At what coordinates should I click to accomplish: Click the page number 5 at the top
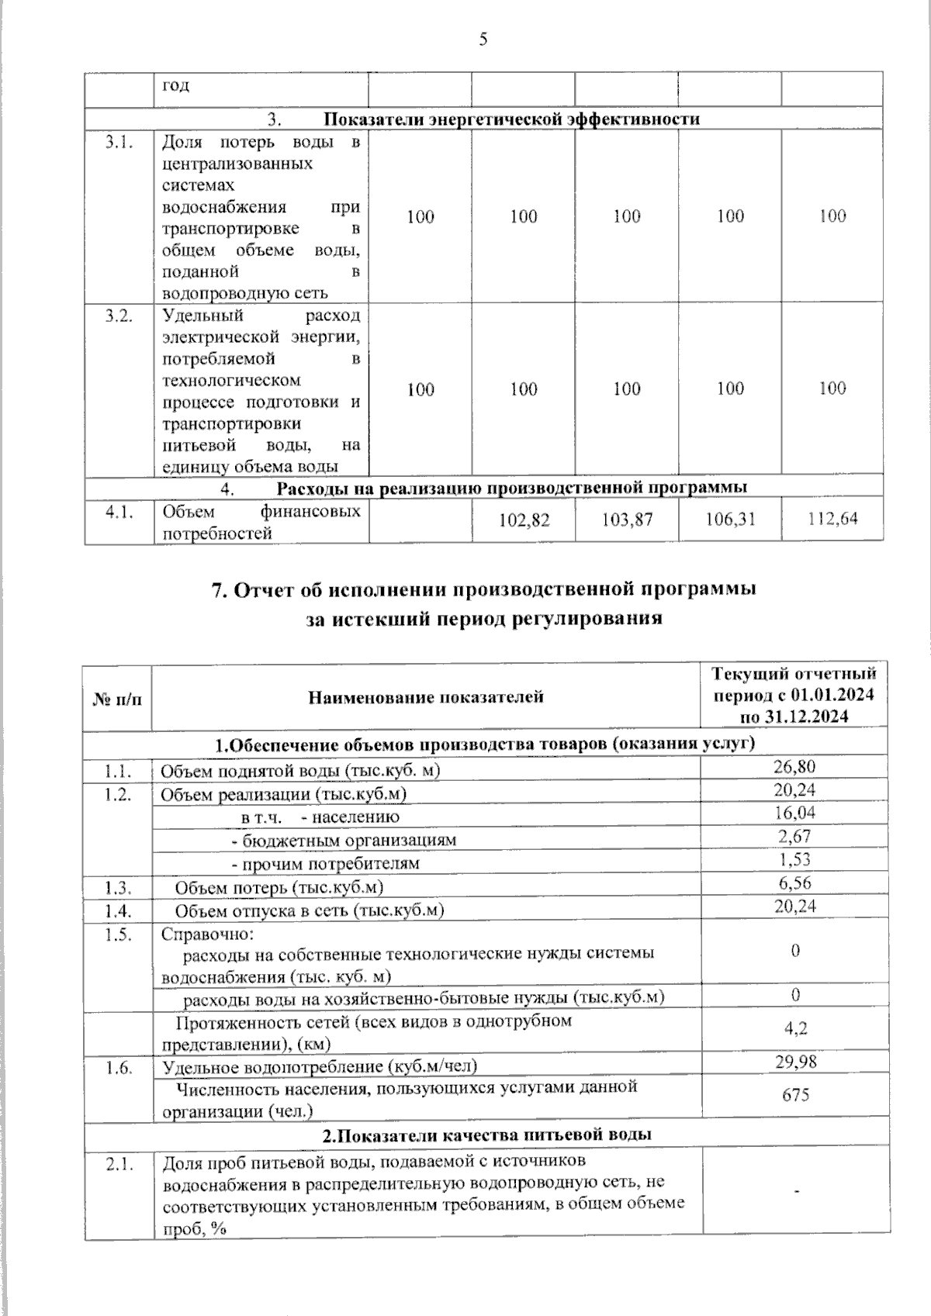coord(483,40)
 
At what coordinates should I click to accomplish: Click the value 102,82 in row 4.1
coord(524,520)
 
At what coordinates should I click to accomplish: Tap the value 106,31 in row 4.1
coord(730,519)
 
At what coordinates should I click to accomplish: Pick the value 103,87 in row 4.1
coord(627,520)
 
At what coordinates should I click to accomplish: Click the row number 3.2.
coord(119,316)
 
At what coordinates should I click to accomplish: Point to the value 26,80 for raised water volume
coord(794,767)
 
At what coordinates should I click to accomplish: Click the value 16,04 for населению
coord(794,813)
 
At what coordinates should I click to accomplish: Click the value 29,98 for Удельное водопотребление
coord(795,1062)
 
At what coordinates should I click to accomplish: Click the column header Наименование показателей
coord(426,697)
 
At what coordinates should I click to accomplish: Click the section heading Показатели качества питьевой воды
coord(486,1135)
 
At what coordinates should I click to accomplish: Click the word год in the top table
coord(175,85)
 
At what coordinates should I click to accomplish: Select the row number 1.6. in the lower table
coord(119,1068)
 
